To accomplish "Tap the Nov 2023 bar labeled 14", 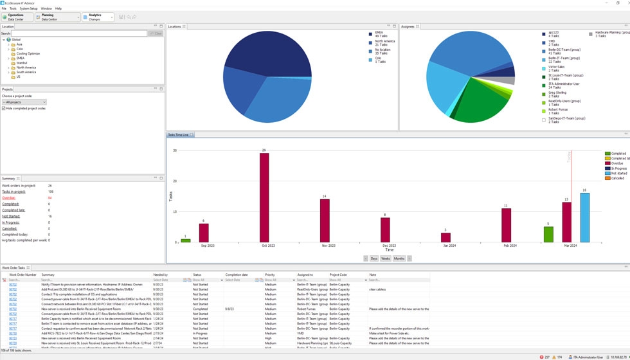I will point(325,221).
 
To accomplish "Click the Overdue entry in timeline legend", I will point(616,163).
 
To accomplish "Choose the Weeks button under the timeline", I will point(386,258).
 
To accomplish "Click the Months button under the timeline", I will point(399,258).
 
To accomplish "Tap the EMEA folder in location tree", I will point(20,58).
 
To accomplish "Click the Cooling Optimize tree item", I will point(28,53).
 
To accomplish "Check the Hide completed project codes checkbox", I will point(4,108).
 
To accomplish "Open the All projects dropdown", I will point(24,102).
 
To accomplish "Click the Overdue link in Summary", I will point(8,198).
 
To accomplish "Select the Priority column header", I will point(270,274).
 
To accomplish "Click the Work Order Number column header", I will point(22,274).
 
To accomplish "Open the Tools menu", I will point(14,8).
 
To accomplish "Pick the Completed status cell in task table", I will point(200,309).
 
